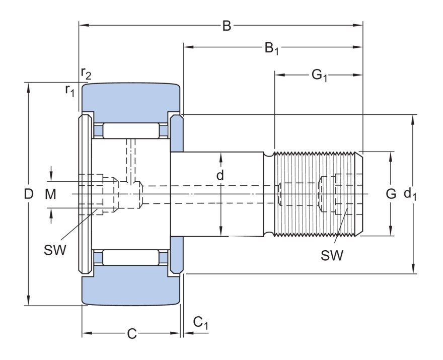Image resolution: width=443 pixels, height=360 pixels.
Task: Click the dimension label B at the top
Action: (x=227, y=25)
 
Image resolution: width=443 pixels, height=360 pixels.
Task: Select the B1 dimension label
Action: (x=271, y=48)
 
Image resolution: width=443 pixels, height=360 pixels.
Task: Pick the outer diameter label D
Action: (x=29, y=194)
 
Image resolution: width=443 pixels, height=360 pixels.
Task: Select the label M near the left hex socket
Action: (x=50, y=194)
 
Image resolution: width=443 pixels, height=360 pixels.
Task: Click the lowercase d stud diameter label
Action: (x=220, y=175)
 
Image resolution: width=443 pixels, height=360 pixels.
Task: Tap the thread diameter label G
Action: (x=391, y=193)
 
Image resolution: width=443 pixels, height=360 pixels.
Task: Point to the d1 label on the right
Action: (x=411, y=194)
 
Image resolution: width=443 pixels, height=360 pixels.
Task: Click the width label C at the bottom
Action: (x=131, y=334)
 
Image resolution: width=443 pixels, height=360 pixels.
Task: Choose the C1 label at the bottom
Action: (x=200, y=322)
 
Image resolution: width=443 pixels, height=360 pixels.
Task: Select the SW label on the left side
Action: (x=55, y=250)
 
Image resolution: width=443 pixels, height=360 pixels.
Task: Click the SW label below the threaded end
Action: (x=332, y=256)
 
